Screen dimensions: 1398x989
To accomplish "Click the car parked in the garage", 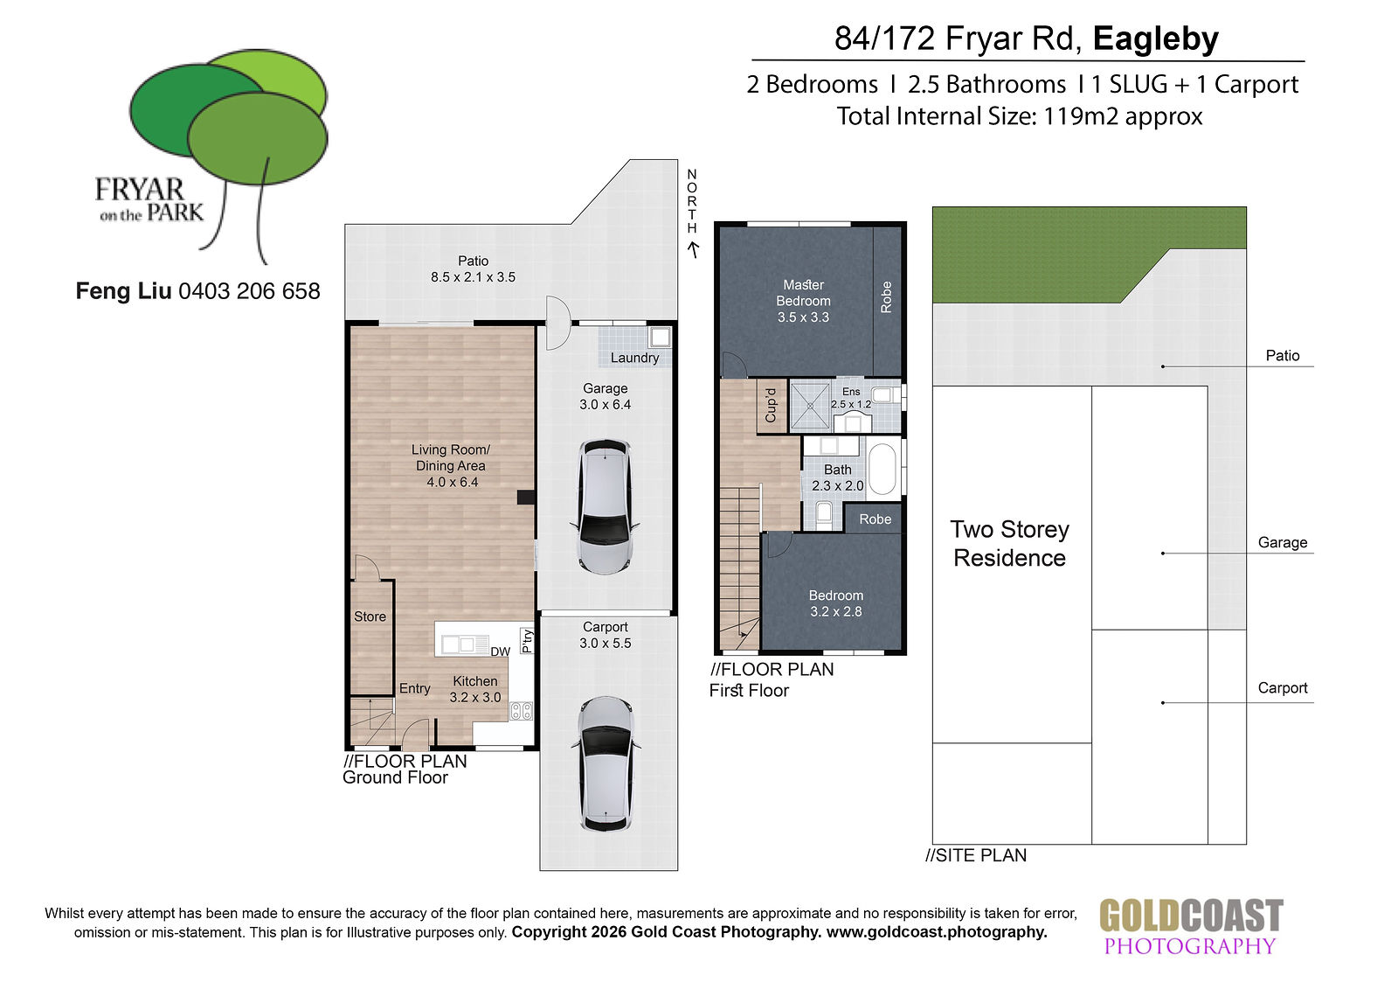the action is coord(605,506).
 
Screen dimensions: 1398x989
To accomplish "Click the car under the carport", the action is coord(605,764).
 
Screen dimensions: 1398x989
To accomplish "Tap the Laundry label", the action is coord(634,358).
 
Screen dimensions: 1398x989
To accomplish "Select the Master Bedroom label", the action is coord(803,293).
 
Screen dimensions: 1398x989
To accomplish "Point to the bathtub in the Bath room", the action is coord(882,470).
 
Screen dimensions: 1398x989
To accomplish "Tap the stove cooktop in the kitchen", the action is coord(521,710).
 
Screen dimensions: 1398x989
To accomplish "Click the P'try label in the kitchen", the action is coord(528,641).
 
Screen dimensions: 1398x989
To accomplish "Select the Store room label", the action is coord(370,616).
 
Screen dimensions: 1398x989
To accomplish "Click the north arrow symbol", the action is coord(693,250).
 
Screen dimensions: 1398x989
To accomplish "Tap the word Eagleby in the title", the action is coord(1156,38).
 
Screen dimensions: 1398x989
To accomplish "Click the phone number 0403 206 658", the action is coord(250,291).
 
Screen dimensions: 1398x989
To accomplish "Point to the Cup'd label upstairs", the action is coord(771,406).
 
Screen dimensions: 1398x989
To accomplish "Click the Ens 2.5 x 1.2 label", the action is coord(851,398).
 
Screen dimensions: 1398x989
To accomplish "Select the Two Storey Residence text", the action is coord(1010,544).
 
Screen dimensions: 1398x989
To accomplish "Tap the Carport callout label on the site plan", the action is coord(1283,688).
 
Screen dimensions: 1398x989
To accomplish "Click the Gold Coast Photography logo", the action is coord(1191,926).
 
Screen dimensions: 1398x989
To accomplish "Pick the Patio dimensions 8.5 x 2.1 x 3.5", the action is coord(473,277).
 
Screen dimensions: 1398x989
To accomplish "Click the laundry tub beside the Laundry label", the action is coord(660,338).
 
